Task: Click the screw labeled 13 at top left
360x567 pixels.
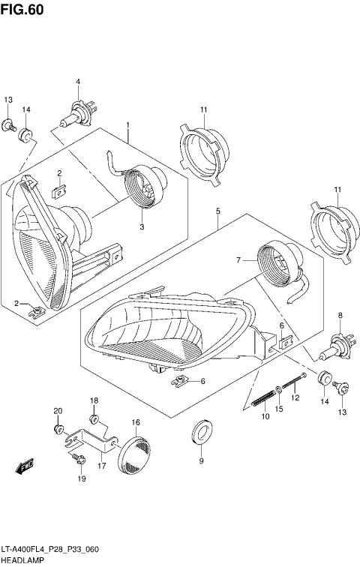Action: [x=10, y=125]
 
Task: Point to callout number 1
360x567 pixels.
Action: [x=128, y=124]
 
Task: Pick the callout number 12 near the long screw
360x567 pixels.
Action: [x=295, y=397]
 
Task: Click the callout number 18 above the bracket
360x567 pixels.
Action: [x=94, y=401]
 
